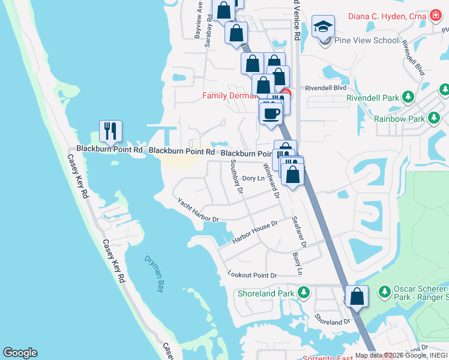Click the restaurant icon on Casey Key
110,131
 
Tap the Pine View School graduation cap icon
323,26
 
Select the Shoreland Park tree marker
304,293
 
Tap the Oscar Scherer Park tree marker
384,292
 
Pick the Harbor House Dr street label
255,232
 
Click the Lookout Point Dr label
252,275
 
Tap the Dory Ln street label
253,178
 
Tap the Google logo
20,353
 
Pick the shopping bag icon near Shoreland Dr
357,296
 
